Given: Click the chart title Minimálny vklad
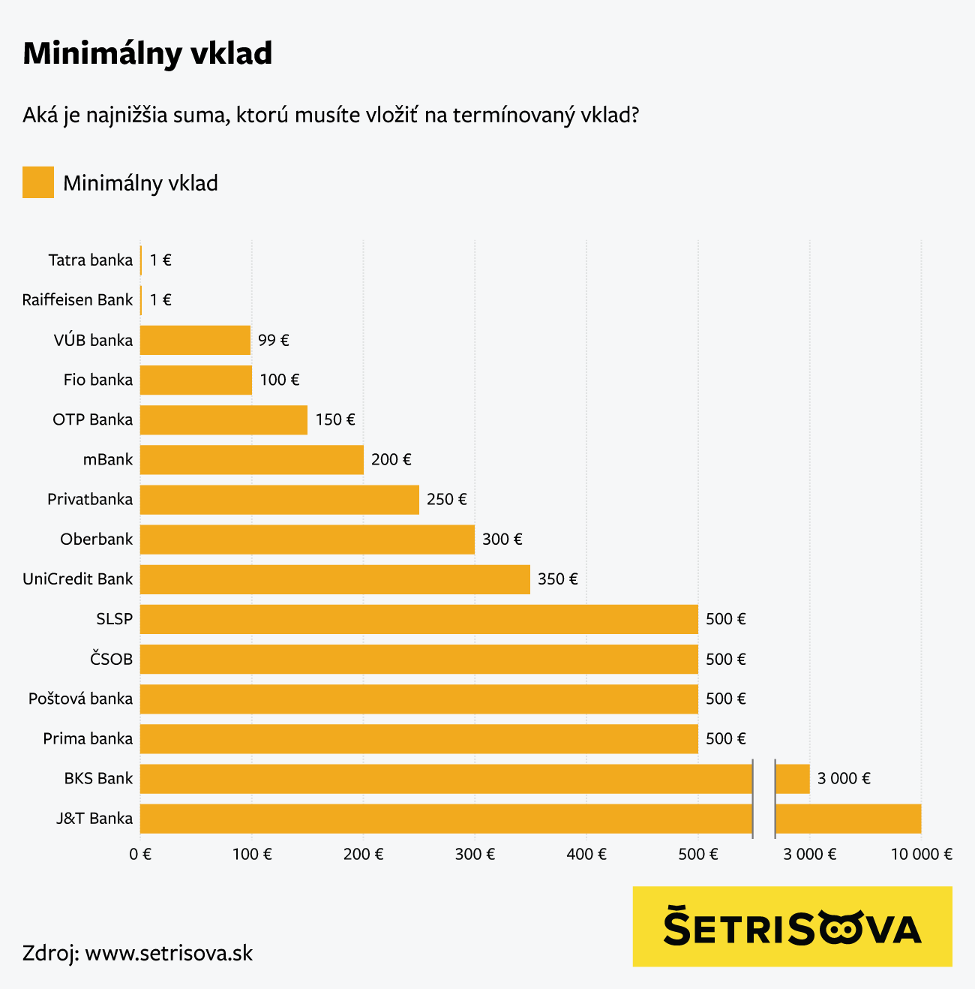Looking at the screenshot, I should click(147, 54).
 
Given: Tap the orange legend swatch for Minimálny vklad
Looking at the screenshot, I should click(38, 182).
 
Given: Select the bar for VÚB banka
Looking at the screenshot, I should click(195, 340).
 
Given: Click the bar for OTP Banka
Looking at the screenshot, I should click(223, 419).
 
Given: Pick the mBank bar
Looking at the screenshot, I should click(251, 459).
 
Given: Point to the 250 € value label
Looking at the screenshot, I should click(446, 499).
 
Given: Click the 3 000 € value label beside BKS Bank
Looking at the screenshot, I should click(844, 778).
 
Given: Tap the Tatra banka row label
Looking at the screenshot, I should click(90, 260).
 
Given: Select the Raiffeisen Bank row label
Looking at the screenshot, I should click(77, 300).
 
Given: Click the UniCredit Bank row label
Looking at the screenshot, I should click(77, 579).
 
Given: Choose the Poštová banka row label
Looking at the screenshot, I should click(80, 699).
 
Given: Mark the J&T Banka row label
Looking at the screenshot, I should click(94, 818).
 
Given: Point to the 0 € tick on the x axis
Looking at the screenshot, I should click(140, 854).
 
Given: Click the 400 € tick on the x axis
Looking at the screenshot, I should click(586, 854).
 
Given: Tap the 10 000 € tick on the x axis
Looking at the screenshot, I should click(921, 854).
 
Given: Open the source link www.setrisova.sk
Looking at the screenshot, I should click(169, 953).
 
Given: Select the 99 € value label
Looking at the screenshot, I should click(273, 340).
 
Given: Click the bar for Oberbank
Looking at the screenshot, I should click(307, 539).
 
